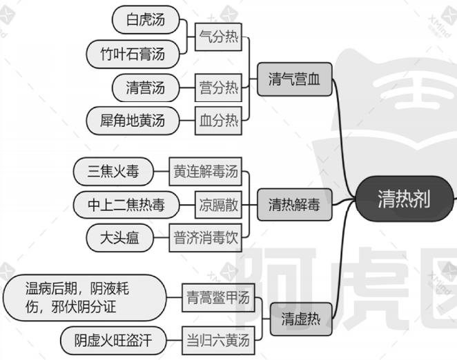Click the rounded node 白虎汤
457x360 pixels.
point(145,21)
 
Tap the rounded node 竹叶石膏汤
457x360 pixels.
point(137,53)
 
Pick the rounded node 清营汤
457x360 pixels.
point(145,88)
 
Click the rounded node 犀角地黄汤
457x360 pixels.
point(130,121)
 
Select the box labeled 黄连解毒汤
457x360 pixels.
point(206,171)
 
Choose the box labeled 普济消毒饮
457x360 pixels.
point(206,238)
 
